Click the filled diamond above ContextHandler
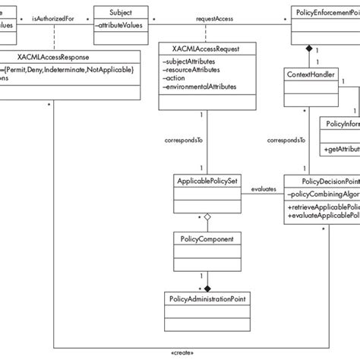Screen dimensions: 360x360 coord(308,49)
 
